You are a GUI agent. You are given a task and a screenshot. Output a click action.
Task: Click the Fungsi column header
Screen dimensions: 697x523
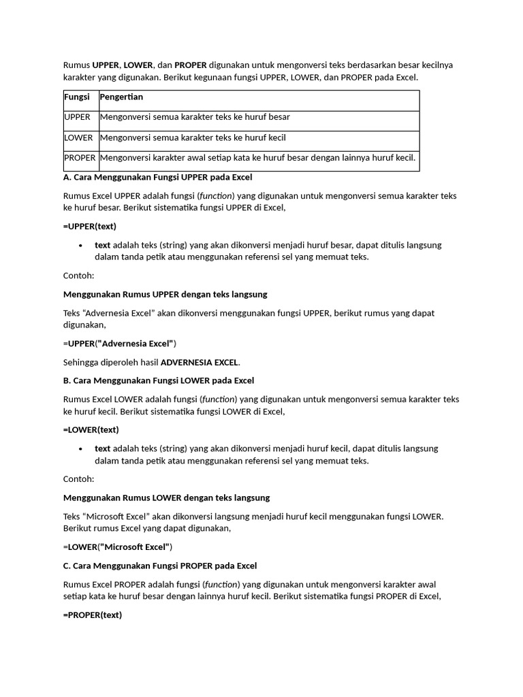(x=76, y=97)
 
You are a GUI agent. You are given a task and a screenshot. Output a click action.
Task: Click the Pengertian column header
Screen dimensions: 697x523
(x=121, y=97)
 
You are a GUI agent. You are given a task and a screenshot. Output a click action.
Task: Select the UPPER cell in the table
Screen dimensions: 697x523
(x=77, y=117)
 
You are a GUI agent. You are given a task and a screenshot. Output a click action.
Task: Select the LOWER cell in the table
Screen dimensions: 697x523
(x=78, y=137)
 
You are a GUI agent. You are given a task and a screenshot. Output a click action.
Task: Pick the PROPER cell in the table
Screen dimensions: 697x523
(x=80, y=158)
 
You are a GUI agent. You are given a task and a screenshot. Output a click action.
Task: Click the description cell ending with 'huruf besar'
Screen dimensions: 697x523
(x=195, y=117)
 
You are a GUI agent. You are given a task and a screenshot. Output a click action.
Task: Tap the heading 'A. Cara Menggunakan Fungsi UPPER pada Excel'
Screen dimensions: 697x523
(x=157, y=177)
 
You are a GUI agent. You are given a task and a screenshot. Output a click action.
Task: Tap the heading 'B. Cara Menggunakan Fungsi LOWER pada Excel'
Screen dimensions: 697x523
(x=158, y=380)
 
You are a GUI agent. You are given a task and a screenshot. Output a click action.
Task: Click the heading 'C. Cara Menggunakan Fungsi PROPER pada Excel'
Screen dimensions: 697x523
(x=160, y=566)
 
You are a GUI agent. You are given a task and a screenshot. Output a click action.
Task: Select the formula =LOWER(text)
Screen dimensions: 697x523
(x=91, y=429)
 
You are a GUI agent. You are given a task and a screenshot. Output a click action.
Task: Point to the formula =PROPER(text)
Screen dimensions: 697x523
(x=93, y=615)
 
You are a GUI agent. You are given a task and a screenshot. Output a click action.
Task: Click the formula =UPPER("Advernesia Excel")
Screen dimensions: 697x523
(x=120, y=343)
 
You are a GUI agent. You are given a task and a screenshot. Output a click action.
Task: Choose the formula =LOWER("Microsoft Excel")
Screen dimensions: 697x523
(x=118, y=547)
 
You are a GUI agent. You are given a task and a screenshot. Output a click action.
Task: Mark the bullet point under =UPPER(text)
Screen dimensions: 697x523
(x=81, y=245)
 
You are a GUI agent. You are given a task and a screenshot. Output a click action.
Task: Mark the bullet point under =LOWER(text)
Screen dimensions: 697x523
(x=81, y=449)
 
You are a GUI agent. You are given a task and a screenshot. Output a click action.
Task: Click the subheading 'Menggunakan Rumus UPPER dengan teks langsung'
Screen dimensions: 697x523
(x=165, y=294)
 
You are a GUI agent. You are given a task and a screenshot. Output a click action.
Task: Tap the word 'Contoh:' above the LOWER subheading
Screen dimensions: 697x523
(x=78, y=479)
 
